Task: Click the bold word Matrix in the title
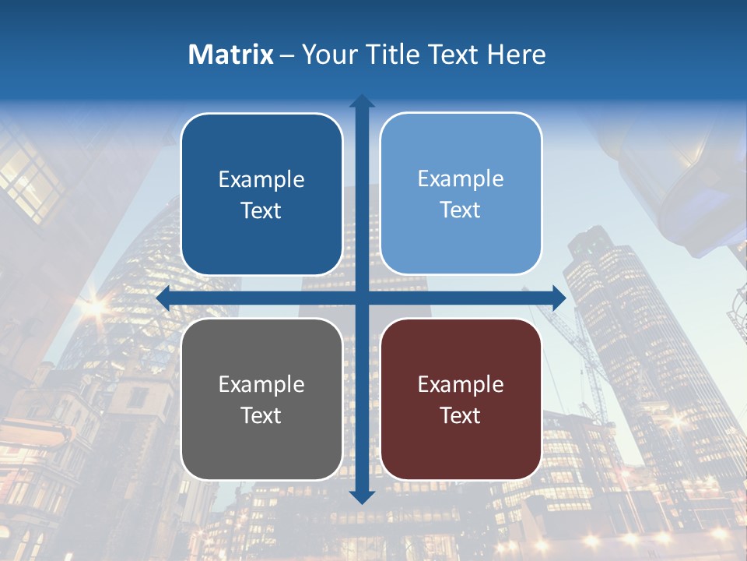point(231,55)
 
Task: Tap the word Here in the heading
point(516,55)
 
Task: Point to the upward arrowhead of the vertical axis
point(362,102)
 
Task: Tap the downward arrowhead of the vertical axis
point(362,496)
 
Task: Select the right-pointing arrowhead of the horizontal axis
point(558,298)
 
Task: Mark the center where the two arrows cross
point(362,298)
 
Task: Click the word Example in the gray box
point(261,384)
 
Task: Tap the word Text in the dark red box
point(461,415)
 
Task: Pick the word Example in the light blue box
point(461,178)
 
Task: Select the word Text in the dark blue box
point(261,210)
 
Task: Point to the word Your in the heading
point(328,55)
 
